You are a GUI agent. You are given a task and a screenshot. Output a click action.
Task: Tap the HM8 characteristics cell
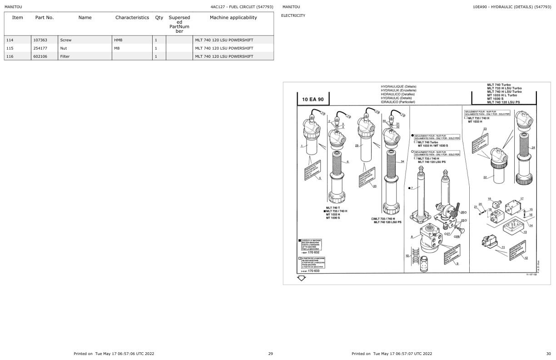point(118,40)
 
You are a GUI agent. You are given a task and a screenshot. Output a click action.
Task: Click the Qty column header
point(159,18)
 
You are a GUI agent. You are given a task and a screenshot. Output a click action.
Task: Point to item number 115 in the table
point(10,48)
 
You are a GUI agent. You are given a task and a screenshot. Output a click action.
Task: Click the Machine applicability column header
point(233,18)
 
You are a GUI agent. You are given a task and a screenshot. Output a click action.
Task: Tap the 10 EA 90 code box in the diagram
point(313,99)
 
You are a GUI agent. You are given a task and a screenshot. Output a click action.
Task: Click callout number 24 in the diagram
point(533,148)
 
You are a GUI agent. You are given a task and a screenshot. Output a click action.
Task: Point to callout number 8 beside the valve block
point(412,236)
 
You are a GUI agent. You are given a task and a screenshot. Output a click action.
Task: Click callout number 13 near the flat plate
point(525,232)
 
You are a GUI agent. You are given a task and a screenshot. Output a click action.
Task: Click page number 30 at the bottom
point(548,353)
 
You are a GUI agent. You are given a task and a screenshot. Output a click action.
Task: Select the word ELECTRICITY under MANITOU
point(293,15)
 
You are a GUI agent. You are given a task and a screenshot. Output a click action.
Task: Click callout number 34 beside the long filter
point(402,161)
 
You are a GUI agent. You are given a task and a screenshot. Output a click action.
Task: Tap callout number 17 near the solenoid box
point(522,199)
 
